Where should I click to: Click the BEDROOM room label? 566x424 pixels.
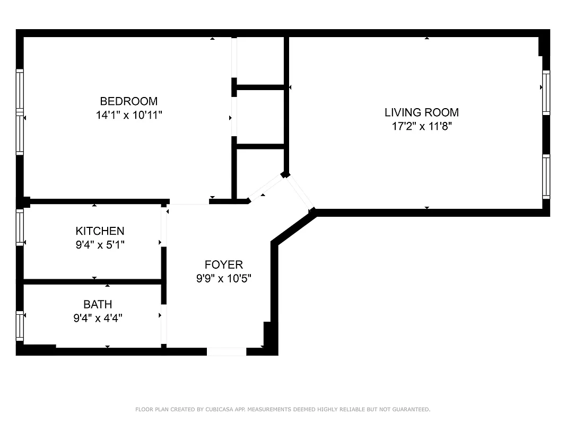[129, 101]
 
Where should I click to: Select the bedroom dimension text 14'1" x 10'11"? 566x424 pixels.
[129, 115]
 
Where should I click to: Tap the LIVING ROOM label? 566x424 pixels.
[422, 112]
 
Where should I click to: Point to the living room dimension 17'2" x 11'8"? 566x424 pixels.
[422, 126]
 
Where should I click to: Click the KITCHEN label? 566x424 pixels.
[100, 231]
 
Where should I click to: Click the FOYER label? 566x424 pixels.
[223, 264]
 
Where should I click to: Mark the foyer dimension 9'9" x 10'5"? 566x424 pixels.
[223, 278]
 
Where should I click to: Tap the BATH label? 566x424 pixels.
[98, 304]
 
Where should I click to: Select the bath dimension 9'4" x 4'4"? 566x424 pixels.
[98, 318]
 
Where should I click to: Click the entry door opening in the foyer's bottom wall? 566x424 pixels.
[227, 351]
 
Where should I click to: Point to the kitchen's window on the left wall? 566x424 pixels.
[20, 227]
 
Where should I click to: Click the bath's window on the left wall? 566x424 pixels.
[20, 325]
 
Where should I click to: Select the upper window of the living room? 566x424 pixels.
[546, 92]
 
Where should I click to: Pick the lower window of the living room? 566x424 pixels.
[546, 176]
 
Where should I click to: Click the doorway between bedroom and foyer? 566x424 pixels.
[188, 202]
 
